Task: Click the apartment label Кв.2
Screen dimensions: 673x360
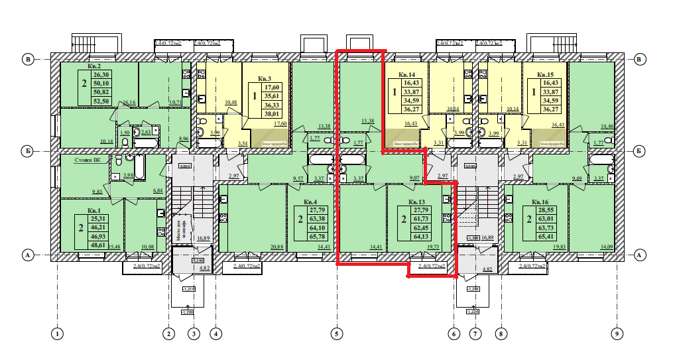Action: [93, 67]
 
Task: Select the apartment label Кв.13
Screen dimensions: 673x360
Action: [416, 202]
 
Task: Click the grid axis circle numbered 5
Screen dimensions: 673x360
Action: [336, 333]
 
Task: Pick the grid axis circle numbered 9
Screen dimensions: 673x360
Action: [617, 333]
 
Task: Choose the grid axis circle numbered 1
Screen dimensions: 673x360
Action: [58, 333]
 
